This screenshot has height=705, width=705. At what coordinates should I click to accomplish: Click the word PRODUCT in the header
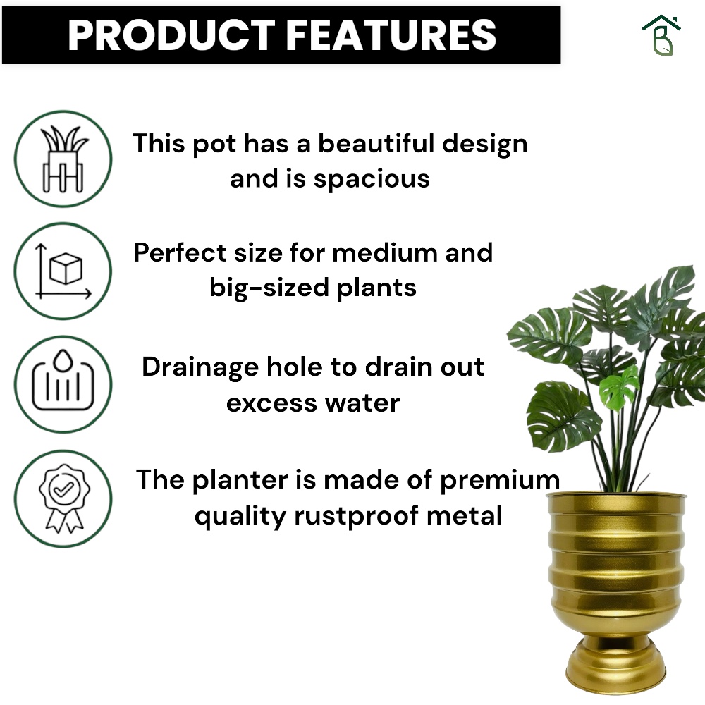(171, 35)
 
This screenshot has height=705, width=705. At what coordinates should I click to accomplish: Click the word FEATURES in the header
(391, 35)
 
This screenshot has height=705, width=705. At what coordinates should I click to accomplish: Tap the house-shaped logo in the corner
(661, 35)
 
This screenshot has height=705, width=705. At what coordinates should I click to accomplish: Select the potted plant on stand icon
(63, 159)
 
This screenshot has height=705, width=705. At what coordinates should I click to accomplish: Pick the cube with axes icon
(63, 271)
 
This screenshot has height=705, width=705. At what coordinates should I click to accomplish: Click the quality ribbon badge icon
(64, 498)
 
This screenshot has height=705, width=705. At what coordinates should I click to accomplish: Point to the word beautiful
(376, 143)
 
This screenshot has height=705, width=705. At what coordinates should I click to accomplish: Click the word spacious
(372, 180)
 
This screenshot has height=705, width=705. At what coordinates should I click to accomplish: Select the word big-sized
(269, 288)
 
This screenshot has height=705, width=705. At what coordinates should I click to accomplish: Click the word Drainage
(200, 368)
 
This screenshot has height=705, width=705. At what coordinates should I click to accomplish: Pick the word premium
(500, 481)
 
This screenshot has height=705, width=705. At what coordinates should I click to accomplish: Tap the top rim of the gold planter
(616, 495)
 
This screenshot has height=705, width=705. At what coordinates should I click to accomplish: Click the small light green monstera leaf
(620, 387)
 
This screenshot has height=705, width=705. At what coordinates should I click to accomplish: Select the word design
(485, 145)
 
